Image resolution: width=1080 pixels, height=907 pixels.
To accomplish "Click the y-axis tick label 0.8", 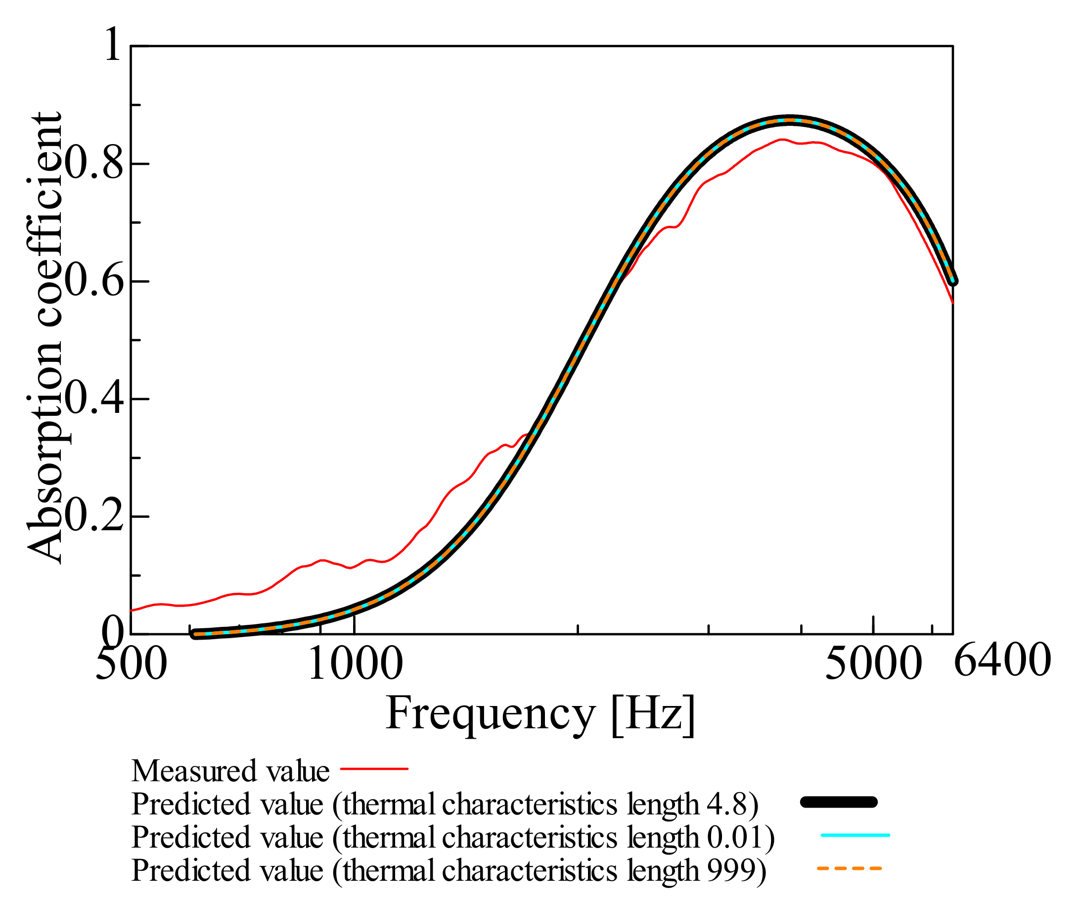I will pos(94,164).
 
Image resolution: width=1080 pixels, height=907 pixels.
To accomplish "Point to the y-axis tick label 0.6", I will pos(94,282).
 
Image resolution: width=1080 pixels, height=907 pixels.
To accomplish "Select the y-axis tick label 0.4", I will pos(94,399).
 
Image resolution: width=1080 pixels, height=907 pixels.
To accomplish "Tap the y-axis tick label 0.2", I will pos(94,516).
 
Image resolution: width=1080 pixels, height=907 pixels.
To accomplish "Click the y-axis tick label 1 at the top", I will pos(112,45).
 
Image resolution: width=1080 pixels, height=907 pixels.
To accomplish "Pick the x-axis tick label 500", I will pos(131,664).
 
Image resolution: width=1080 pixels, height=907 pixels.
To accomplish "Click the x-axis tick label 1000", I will pos(356,664).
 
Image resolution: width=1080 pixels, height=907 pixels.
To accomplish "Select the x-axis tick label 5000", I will pos(873,664).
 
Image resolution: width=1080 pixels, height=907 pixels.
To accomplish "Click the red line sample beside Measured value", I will pos(374,769).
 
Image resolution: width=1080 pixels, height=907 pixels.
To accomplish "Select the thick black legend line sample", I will pos(839,802).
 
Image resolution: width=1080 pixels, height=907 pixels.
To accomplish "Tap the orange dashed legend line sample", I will pos(850,869).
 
